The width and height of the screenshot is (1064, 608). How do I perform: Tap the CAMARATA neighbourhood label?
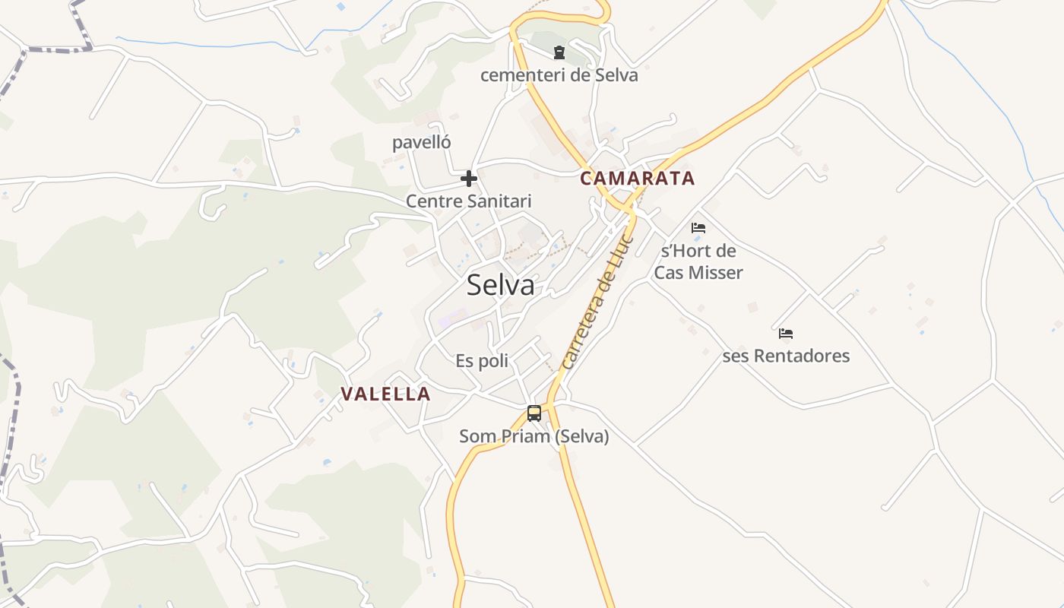click(637, 179)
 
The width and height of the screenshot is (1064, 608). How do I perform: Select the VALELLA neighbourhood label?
click(385, 394)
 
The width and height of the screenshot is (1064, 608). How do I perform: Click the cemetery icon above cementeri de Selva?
click(559, 52)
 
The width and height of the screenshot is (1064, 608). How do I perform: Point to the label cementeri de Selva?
click(559, 75)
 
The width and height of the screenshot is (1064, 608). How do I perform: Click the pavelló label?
click(422, 142)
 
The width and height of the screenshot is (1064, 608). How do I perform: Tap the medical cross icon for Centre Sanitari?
click(469, 179)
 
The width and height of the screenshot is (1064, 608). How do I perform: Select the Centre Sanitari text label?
click(468, 201)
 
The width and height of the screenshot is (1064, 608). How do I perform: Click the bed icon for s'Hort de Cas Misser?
click(698, 227)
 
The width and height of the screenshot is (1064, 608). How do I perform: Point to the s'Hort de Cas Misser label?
click(698, 261)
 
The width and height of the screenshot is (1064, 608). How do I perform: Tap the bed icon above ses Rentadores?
click(786, 333)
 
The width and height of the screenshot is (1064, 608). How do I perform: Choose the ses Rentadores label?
click(786, 356)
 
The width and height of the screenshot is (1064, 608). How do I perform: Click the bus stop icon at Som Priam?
click(534, 413)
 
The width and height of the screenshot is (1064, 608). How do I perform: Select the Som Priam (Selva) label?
click(534, 436)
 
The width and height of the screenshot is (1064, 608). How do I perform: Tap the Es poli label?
click(482, 361)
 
